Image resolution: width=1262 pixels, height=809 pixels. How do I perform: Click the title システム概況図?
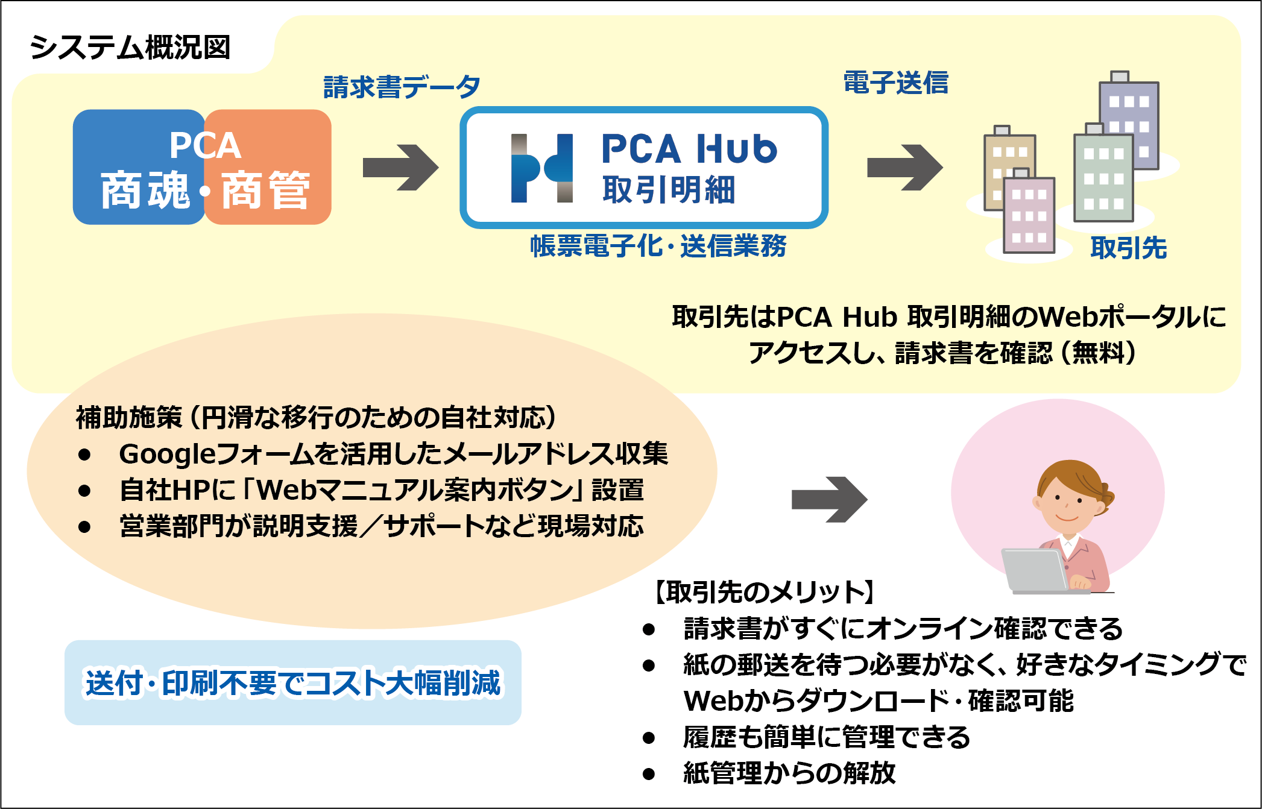130,48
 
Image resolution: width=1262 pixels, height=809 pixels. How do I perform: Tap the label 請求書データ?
402,87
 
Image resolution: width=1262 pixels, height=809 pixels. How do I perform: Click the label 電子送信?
895,83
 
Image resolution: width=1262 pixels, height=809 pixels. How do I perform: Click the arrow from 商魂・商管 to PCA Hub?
400,168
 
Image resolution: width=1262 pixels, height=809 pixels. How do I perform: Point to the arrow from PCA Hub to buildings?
904,168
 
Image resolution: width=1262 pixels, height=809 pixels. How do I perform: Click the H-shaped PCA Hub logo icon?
541,168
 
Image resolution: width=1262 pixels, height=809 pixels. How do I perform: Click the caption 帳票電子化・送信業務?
658,246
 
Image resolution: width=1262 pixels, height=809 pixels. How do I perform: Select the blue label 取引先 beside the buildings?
1128,248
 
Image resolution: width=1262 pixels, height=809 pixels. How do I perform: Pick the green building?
1103,178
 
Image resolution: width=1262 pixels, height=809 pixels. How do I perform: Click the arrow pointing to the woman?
828,499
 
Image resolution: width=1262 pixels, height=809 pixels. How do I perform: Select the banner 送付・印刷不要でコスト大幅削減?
292,682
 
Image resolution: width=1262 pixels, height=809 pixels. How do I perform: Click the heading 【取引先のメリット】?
764,592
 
